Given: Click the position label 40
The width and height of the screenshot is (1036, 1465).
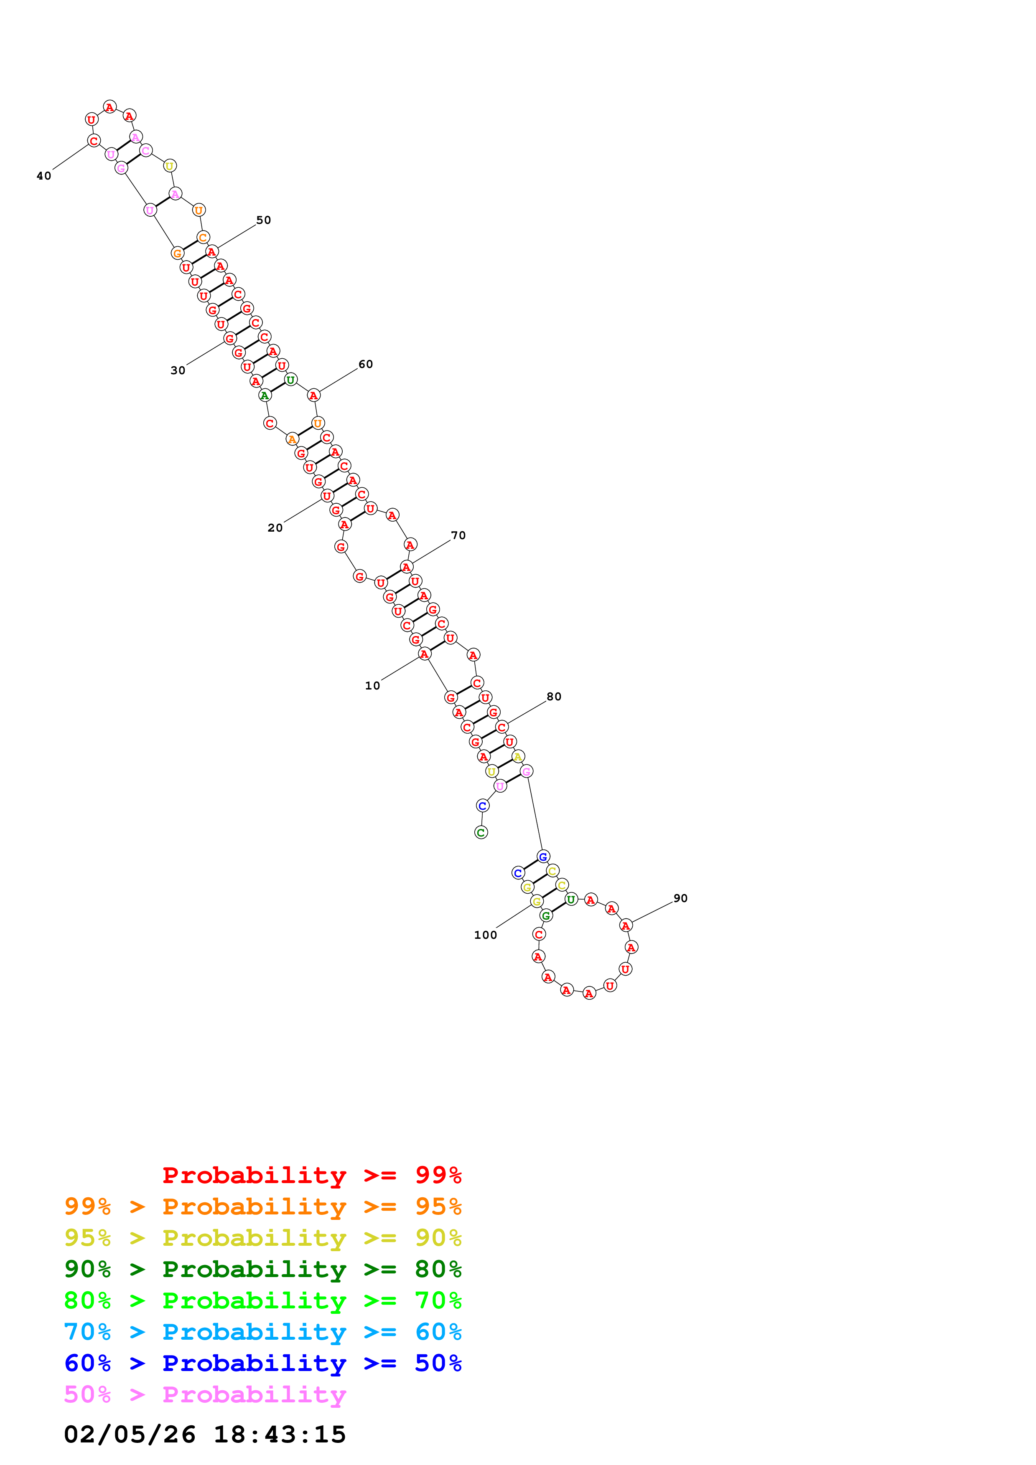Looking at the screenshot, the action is coord(43,176).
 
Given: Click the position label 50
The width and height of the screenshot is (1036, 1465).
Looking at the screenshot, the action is coord(264,220).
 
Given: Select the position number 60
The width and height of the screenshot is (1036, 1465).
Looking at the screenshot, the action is coord(366,364).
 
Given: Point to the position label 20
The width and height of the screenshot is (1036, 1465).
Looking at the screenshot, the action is coord(275,528).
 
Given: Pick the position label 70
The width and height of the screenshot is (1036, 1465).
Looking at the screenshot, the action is coord(458,535).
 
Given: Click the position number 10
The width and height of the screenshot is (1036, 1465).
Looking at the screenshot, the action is coord(372,686).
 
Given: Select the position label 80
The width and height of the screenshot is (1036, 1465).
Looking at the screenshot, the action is coord(554,697).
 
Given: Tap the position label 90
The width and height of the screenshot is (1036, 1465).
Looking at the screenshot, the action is coord(680,898).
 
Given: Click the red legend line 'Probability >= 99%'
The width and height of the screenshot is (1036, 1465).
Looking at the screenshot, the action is coord(311,1175).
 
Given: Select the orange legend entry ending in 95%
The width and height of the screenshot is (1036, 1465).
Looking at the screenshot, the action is coord(262,1206).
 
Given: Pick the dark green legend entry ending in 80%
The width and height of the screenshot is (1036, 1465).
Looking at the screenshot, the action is coord(262,1269).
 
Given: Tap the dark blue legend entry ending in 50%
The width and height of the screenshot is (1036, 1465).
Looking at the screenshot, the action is coord(262,1363).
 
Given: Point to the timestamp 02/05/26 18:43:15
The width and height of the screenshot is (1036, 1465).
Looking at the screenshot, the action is coord(204,1435).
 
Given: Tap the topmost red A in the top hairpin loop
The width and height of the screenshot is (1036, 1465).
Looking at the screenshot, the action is coord(110,107).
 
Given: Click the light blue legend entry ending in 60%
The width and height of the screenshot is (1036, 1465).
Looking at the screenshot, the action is coord(262,1332).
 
